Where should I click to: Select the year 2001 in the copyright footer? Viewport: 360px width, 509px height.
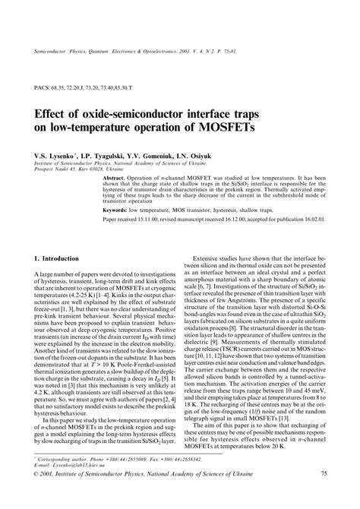click(49, 495)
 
